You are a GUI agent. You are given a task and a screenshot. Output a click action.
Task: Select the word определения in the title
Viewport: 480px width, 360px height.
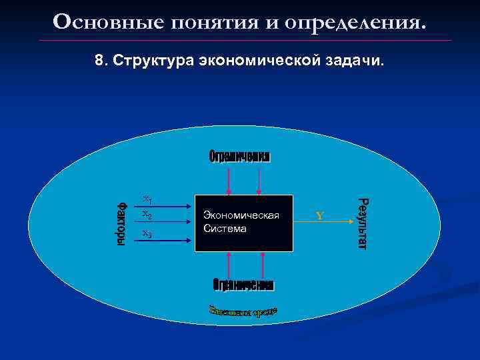click(355, 21)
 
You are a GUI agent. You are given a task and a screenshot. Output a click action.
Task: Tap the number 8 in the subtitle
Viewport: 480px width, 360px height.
click(99, 61)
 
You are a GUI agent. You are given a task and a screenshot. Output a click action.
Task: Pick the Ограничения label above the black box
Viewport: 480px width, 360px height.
click(240, 157)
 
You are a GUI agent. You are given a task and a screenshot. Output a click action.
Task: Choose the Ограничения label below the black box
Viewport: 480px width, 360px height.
click(243, 285)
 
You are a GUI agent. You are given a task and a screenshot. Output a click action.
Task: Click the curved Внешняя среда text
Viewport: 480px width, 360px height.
click(243, 311)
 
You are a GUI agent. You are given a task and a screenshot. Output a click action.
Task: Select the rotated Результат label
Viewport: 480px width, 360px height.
click(361, 223)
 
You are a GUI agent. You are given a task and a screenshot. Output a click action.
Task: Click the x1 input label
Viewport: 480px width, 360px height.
click(147, 199)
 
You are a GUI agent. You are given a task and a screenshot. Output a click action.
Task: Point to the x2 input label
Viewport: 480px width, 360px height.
click(147, 215)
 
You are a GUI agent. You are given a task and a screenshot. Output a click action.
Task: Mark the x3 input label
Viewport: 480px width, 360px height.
click(147, 233)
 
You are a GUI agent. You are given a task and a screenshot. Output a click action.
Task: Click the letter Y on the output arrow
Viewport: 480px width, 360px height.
click(319, 216)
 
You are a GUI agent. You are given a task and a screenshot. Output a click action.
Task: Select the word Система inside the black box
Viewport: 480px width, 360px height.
click(225, 229)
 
